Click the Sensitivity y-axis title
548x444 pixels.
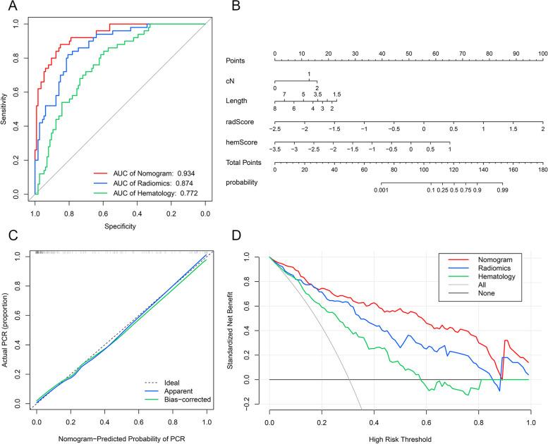[6, 109]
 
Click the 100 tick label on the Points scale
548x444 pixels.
[543, 54]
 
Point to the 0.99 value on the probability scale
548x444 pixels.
[502, 190]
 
